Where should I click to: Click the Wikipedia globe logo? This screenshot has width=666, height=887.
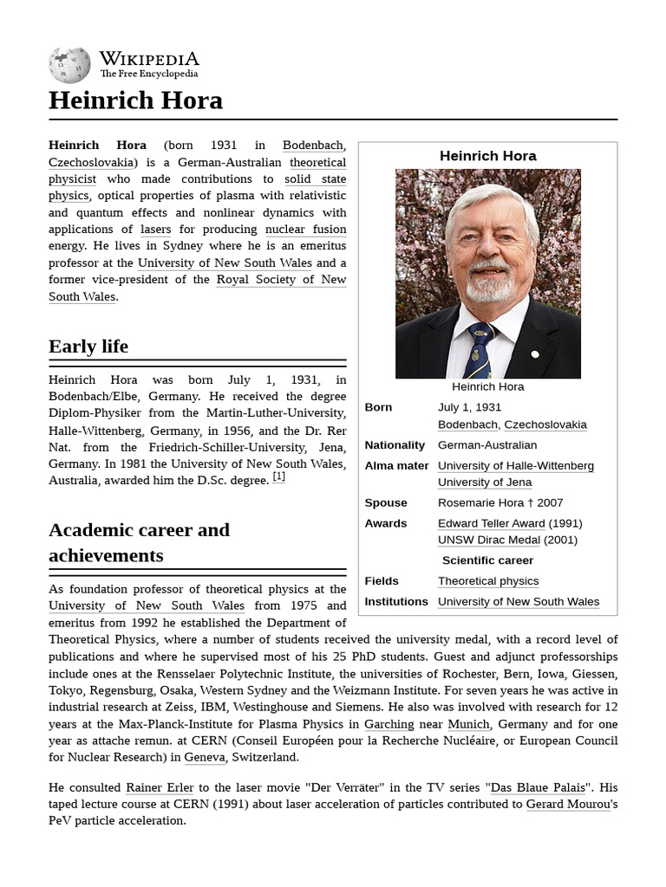tap(70, 65)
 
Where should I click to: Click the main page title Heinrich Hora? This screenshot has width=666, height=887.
tap(135, 100)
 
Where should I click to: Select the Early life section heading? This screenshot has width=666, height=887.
tap(88, 346)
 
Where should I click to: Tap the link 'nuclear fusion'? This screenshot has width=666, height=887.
tap(305, 230)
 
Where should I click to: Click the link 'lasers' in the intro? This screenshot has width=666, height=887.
tap(155, 230)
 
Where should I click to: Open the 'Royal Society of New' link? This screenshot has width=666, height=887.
tap(281, 279)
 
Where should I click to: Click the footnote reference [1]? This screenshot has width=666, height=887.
tap(278, 476)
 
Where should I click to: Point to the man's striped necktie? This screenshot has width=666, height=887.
tap(479, 352)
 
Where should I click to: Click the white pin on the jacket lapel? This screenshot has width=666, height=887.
tap(535, 354)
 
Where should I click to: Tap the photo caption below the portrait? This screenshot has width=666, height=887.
tap(487, 386)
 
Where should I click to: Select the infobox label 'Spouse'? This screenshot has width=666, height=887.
tap(386, 502)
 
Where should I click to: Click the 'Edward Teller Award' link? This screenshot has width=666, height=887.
tap(491, 523)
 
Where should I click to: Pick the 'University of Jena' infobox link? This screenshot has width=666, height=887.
tap(485, 482)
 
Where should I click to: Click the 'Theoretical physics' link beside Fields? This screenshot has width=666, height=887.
tap(488, 581)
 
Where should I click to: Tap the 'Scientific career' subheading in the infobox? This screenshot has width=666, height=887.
tap(488, 560)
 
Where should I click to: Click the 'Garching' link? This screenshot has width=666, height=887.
tap(388, 724)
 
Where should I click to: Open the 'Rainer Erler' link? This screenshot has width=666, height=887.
tap(160, 787)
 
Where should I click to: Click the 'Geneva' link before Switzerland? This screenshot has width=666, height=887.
tap(205, 757)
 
